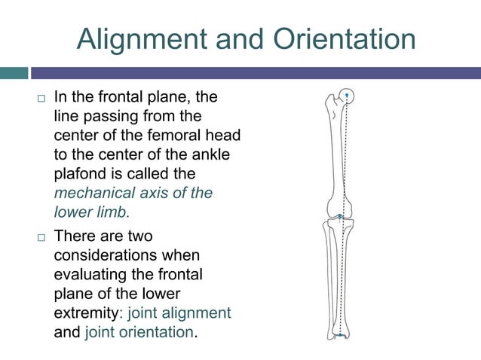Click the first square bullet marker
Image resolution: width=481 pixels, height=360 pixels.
pyautogui.click(x=41, y=99)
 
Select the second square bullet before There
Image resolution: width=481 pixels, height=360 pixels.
pyautogui.click(x=41, y=238)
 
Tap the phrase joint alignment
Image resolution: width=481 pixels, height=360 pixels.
pyautogui.click(x=179, y=313)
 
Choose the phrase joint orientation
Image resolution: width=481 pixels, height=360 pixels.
pyautogui.click(x=139, y=331)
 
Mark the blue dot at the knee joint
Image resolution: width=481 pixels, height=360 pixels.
pyautogui.click(x=340, y=216)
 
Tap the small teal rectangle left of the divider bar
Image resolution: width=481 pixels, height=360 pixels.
pyautogui.click(x=14, y=73)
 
